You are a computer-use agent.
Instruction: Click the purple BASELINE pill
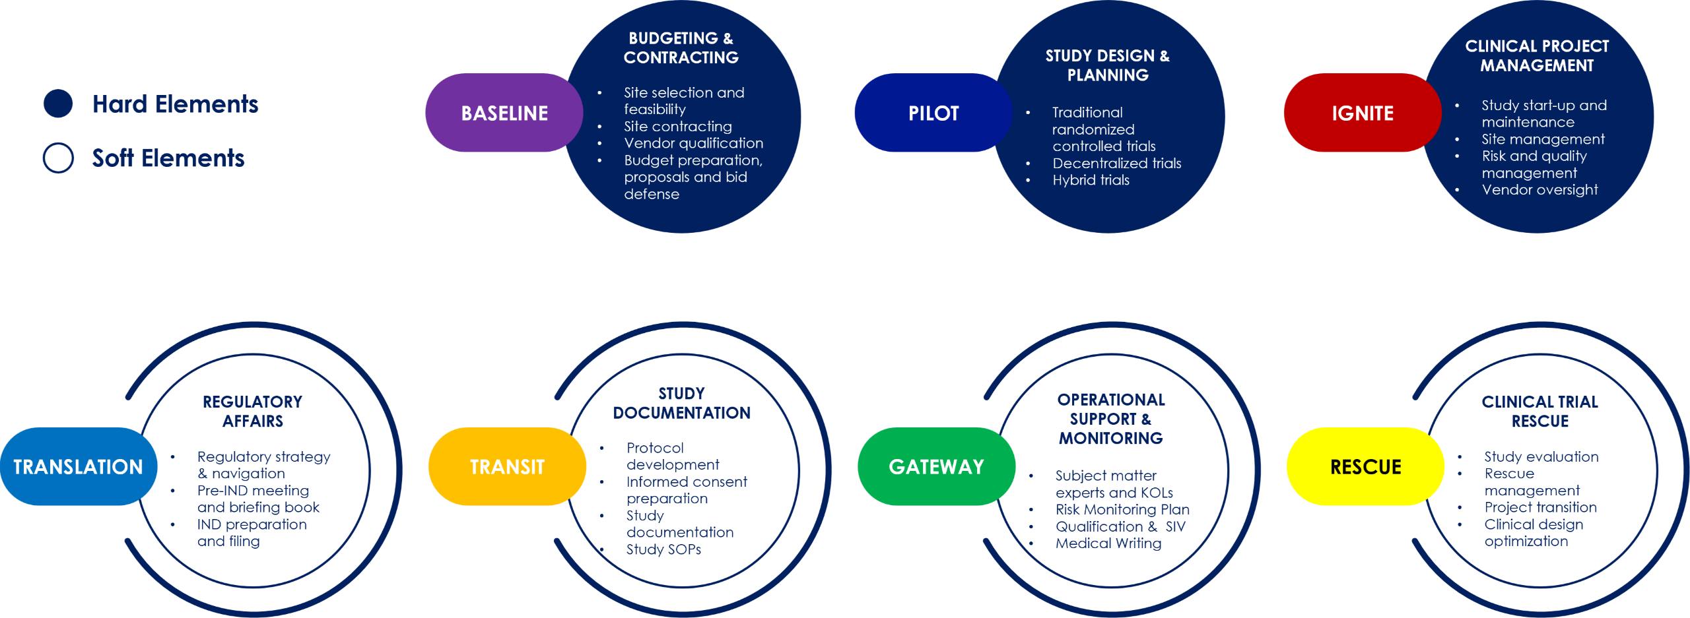pos(504,113)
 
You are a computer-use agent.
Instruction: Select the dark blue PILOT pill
pos(933,113)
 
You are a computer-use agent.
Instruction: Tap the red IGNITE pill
pos(1362,113)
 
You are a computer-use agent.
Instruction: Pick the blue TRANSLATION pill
pos(78,467)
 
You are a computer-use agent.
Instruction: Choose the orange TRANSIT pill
pos(507,467)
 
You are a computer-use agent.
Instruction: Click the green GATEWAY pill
pos(936,467)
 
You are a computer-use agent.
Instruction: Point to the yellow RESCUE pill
pos(1365,467)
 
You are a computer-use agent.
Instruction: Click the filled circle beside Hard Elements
pos(58,104)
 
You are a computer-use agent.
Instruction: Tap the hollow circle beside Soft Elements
pos(58,158)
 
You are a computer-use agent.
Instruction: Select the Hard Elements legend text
pos(175,104)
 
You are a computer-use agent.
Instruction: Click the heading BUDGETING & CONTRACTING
pos(681,48)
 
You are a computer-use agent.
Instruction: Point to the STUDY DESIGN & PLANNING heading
pos(1108,65)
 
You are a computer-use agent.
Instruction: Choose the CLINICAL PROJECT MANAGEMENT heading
pos(1537,56)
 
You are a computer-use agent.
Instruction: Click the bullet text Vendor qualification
pos(693,143)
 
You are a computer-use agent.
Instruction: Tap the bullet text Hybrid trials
pos(1091,180)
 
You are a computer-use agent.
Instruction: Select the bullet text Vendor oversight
pos(1539,190)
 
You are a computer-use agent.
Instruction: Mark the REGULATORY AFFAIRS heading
pos(252,412)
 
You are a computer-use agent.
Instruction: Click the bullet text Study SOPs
pos(663,549)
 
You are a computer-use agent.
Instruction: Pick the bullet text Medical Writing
pos(1108,543)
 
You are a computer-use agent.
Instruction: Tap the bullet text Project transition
pos(1541,507)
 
